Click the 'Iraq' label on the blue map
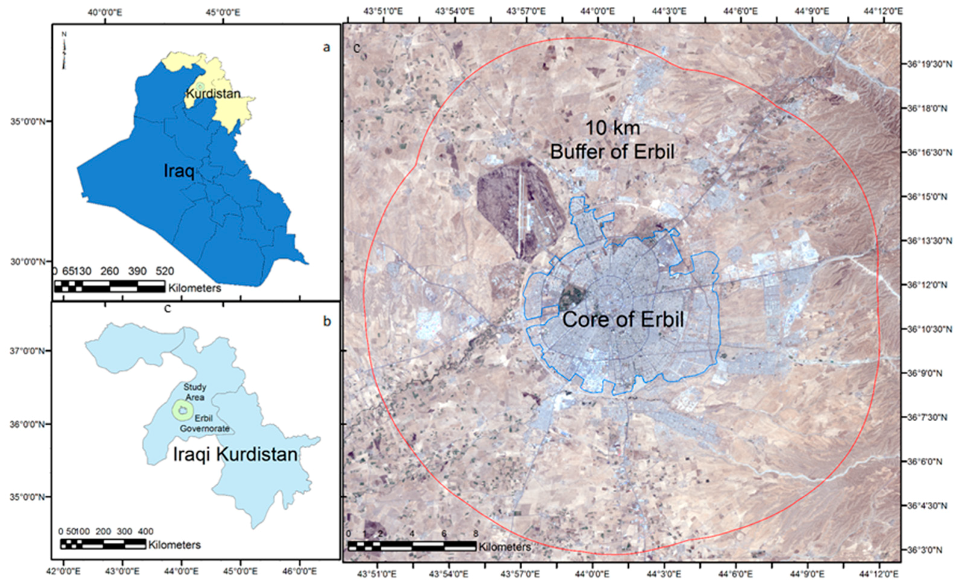pos(179,171)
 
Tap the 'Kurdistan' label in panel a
pos(213,94)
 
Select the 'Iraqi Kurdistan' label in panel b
pos(235,454)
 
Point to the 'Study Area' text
pos(195,392)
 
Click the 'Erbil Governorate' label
pos(204,424)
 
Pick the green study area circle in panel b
pos(183,410)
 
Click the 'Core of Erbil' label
pos(623,320)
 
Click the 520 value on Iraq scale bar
pos(164,271)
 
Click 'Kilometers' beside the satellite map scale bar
pos(504,547)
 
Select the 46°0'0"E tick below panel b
pos(299,571)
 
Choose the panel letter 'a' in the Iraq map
pos(327,47)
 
